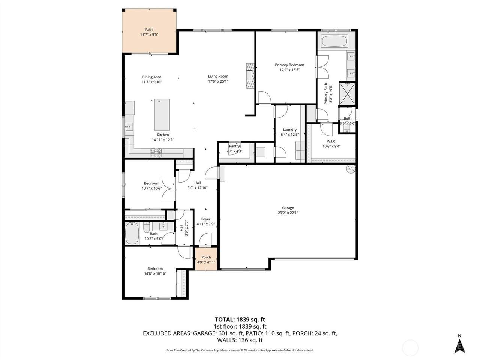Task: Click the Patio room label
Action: [x=149, y=30]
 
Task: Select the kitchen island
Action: [x=162, y=115]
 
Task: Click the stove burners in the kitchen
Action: [x=156, y=153]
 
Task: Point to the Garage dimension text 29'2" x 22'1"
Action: [x=288, y=213]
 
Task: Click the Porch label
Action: [x=206, y=257]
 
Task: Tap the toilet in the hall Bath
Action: [x=147, y=228]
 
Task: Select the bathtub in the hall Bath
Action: [x=132, y=233]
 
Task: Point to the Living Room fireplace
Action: [x=250, y=75]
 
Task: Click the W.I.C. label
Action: [x=331, y=141]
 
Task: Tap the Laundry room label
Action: [x=290, y=130]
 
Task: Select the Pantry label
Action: [x=234, y=146]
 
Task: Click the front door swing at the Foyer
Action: [x=205, y=239]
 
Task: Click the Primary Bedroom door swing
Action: [x=265, y=97]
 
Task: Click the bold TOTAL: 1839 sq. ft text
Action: [x=240, y=319]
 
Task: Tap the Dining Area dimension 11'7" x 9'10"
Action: [x=151, y=82]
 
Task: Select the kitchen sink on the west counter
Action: [x=129, y=127]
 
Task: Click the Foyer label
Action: [x=206, y=219]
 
